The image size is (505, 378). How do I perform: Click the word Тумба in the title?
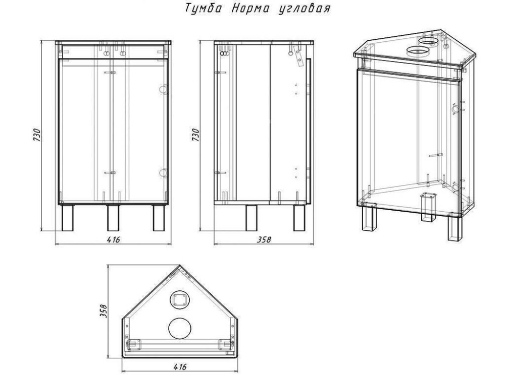tap(204, 9)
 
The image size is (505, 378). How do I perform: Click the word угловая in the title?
tap(304, 9)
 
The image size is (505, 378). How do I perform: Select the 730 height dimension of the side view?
tap(195, 135)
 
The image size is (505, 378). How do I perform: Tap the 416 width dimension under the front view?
tap(113, 239)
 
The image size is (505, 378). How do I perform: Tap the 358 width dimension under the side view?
tap(264, 239)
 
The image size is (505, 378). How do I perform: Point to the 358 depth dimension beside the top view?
tap(103, 310)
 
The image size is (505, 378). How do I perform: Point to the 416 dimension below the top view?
tap(180, 367)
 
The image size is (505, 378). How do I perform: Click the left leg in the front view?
tap(67, 218)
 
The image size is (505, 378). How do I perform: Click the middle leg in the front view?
tap(113, 218)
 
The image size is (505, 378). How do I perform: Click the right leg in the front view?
tap(159, 218)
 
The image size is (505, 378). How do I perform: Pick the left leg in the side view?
tap(251, 218)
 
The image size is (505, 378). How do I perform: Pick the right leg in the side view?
tap(299, 218)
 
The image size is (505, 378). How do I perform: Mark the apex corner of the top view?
tap(180, 265)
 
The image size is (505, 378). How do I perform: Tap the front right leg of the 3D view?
tap(454, 228)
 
